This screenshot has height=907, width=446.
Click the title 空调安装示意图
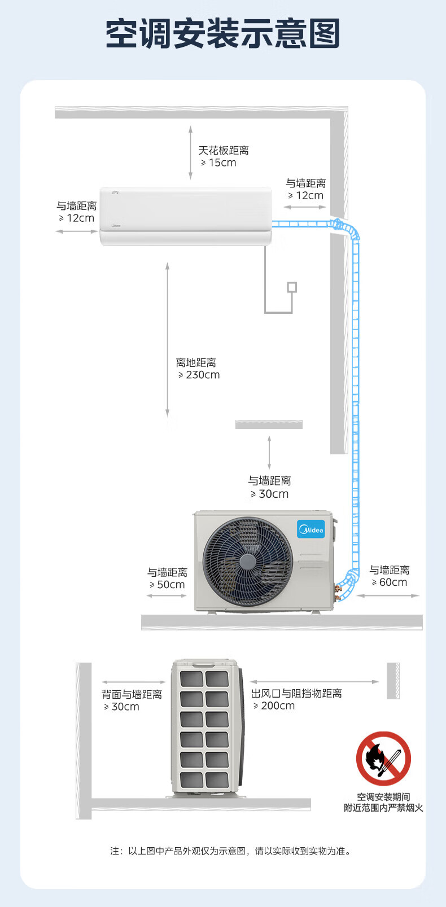point(223,34)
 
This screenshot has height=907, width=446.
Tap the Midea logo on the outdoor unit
point(311,529)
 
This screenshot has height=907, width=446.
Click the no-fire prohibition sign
point(383,759)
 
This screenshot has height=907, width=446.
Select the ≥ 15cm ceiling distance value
point(218,163)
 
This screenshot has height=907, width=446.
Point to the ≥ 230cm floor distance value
point(199,375)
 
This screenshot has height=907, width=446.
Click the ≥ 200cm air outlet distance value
point(274,706)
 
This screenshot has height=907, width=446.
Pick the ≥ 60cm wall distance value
point(390,582)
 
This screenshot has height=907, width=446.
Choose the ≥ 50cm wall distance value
point(167,585)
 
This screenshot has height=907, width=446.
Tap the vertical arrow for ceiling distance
point(190,152)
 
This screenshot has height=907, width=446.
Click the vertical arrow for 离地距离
point(167,339)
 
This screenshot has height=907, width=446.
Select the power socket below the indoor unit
point(292,287)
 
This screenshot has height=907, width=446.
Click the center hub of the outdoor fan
point(247,562)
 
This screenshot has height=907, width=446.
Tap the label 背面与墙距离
point(132,694)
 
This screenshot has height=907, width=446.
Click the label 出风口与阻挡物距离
point(296,694)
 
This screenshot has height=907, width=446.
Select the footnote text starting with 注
point(231,851)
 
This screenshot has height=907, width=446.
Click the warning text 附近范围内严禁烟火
point(383,808)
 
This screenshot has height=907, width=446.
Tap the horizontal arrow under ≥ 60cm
point(388,595)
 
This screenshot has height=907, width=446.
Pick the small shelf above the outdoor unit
point(269,424)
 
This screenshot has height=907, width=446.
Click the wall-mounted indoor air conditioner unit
point(186,216)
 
